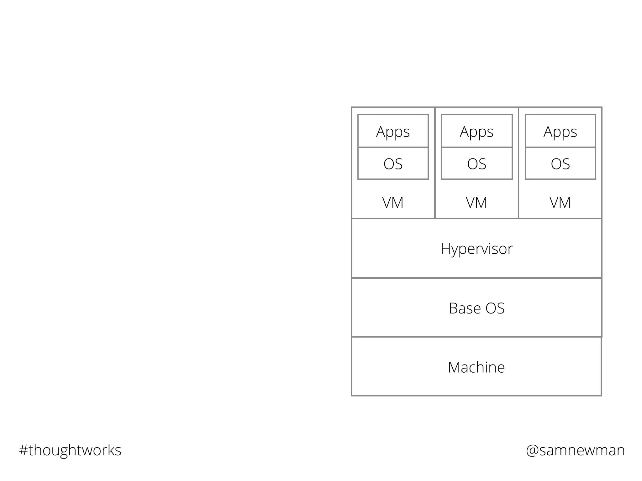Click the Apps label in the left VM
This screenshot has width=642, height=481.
393,132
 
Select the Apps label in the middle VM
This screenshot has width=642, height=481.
476,132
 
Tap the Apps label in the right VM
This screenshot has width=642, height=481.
560,132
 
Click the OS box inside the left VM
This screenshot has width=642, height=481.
393,164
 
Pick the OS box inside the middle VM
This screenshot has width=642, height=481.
477,164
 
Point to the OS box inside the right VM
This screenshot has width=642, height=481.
560,164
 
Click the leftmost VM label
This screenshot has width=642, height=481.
393,203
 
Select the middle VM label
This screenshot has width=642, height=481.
476,203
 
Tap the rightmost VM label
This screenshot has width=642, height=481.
560,203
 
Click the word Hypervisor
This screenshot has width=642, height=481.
476,249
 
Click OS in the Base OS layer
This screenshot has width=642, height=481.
495,308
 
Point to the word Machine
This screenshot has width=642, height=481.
476,367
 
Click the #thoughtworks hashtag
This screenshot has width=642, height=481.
70,450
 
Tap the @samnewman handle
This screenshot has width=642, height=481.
575,450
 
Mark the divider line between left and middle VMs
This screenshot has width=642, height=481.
435,163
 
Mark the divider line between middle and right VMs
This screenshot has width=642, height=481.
518,163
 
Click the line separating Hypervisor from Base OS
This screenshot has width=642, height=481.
476,278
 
